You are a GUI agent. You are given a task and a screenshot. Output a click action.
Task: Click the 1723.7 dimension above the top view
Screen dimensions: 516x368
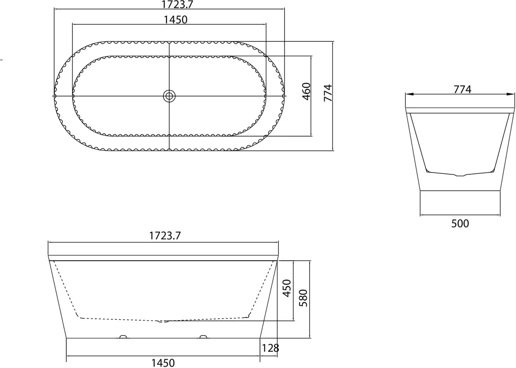177,4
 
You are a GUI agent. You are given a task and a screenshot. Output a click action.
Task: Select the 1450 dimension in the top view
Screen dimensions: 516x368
175,20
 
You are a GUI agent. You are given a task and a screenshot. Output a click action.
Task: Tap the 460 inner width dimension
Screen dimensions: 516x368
306,92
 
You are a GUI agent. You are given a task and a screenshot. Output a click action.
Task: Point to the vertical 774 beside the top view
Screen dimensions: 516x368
328,93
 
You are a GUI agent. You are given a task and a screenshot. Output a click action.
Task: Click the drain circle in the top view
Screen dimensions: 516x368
170,96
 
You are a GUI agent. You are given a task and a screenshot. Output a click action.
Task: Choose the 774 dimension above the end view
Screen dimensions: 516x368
462,89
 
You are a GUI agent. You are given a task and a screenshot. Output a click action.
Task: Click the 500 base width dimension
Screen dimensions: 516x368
460,224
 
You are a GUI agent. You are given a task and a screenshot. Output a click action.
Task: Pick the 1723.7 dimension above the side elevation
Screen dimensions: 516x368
165,236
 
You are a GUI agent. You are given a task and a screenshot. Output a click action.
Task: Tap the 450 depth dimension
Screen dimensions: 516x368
287,288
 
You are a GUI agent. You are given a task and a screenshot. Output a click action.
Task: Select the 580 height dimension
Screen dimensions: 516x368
303,298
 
